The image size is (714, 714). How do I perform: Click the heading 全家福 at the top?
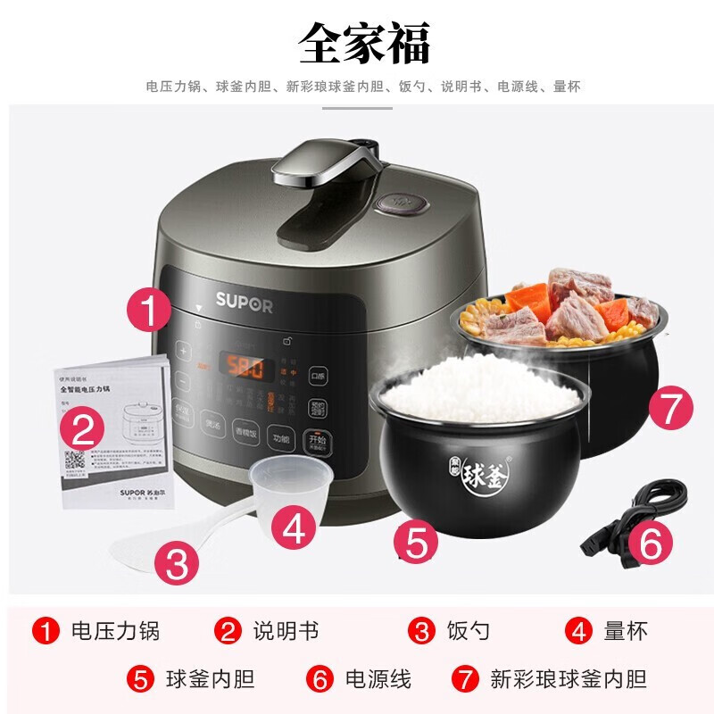pos(363,41)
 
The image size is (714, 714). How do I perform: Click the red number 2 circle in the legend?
pos(229,632)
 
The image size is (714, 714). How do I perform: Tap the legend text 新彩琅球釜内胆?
pos(568,679)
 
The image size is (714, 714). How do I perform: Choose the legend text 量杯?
pos(625,632)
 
